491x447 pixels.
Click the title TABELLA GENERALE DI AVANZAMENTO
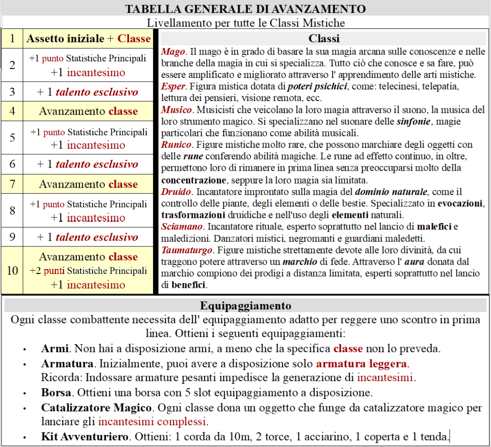click(245, 9)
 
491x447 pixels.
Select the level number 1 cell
click(12, 39)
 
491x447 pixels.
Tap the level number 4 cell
click(12, 111)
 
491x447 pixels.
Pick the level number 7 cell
click(12, 184)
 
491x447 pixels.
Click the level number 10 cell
click(12, 270)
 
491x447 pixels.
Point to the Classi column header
click(324, 39)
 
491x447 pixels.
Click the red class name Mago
click(173, 52)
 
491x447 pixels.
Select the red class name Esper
click(173, 86)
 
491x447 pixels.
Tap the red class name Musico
click(176, 110)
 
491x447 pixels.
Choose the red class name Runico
click(176, 145)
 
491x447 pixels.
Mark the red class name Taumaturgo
click(186, 250)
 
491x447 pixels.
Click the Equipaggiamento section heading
click(245, 306)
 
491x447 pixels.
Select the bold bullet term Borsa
click(56, 393)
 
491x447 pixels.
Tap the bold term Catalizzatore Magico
click(96, 408)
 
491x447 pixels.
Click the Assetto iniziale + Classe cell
click(88, 39)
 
